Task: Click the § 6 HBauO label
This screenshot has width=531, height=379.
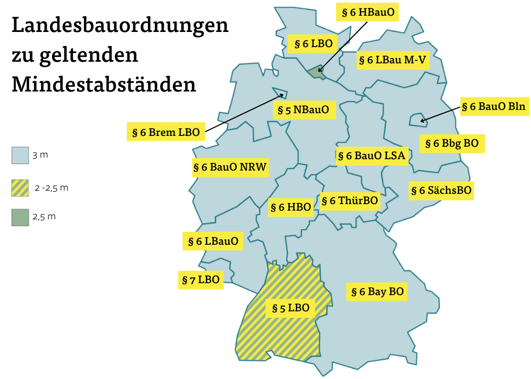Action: tap(367, 12)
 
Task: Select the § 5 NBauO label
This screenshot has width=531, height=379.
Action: tap(303, 110)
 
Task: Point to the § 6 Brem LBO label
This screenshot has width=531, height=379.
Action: tap(166, 132)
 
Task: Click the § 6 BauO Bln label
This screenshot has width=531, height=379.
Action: tap(494, 107)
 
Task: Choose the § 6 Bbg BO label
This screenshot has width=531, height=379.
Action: tap(452, 143)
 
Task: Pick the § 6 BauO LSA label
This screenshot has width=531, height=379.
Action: tap(371, 156)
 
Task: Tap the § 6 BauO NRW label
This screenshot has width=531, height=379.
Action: tap(230, 167)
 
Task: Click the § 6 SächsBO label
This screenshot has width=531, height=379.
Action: tap(441, 191)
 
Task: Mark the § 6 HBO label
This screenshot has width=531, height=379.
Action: tap(291, 207)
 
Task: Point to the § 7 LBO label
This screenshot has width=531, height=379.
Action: tap(200, 280)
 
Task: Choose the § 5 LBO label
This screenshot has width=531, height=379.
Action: tap(290, 308)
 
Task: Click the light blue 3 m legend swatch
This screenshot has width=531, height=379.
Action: tap(20, 155)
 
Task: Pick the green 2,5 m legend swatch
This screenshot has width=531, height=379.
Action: tap(20, 217)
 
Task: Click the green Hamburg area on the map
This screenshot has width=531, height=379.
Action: tap(316, 73)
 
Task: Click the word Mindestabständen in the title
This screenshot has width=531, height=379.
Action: tap(103, 84)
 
